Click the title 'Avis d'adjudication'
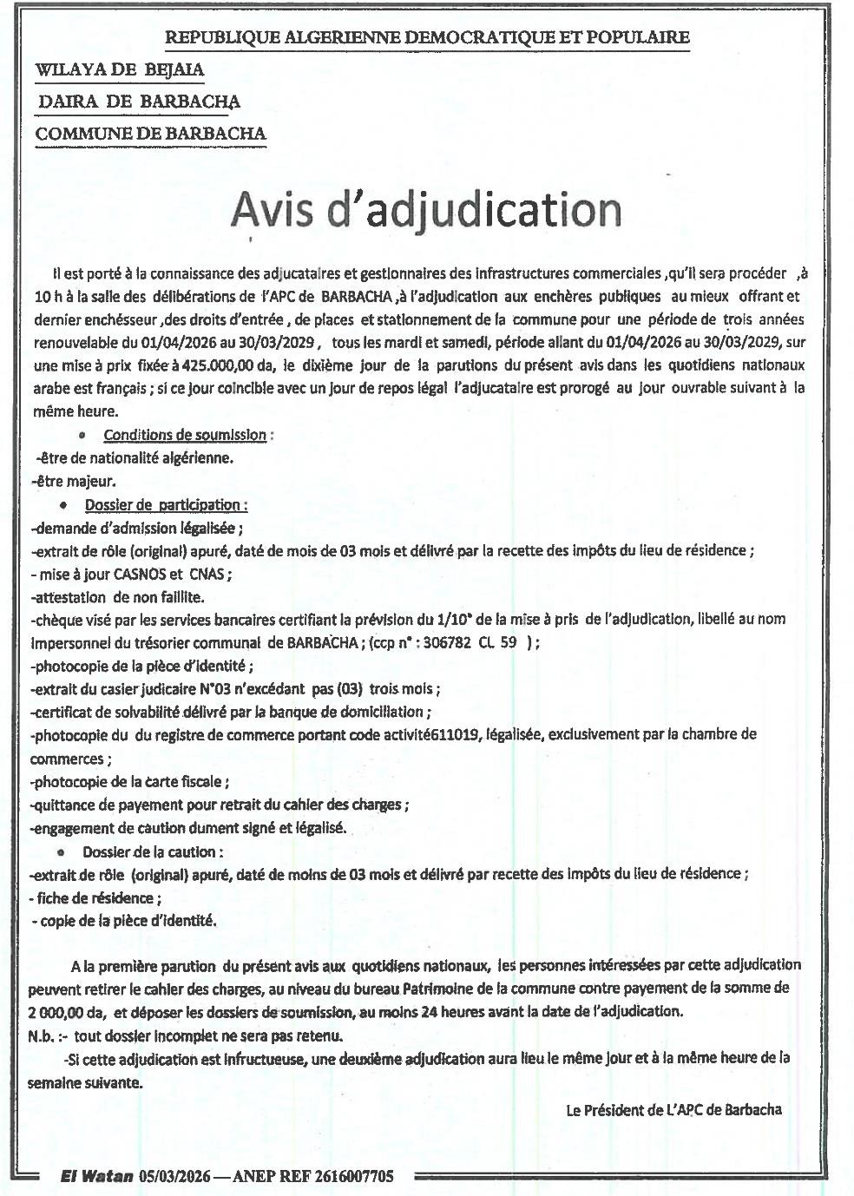pyautogui.click(x=426, y=210)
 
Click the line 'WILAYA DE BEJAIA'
pyautogui.click(x=120, y=69)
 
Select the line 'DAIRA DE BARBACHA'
pyautogui.click(x=139, y=102)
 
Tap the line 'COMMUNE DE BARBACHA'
pyautogui.click(x=151, y=134)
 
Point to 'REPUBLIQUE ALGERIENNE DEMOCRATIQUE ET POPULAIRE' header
pyautogui.click(x=427, y=37)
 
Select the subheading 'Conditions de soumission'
pyautogui.click(x=185, y=435)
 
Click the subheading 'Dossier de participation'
pyautogui.click(x=165, y=504)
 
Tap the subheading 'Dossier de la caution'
pyautogui.click(x=152, y=851)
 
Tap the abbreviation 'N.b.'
pyautogui.click(x=42, y=1035)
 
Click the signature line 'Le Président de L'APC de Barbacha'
pyautogui.click(x=673, y=1109)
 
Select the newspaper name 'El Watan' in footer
pyautogui.click(x=96, y=1176)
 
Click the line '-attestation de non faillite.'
pyautogui.click(x=117, y=596)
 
